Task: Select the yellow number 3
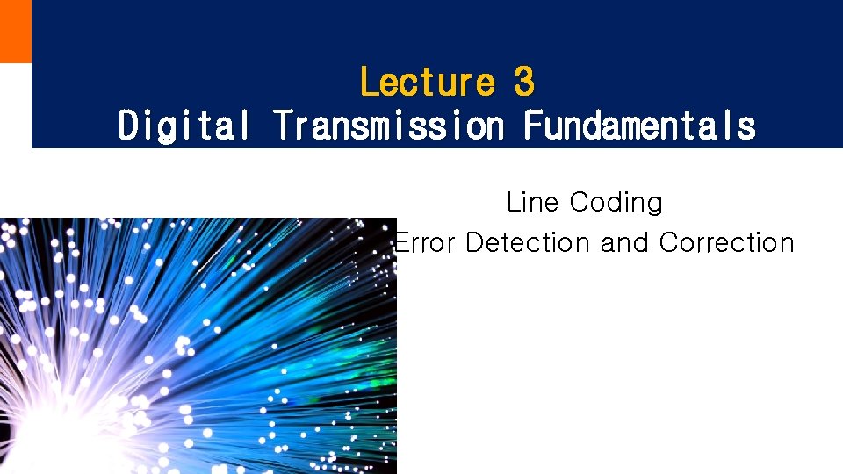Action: [x=524, y=83]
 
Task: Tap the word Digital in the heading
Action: [x=184, y=125]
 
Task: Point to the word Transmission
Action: [x=388, y=125]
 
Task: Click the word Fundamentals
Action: [x=639, y=125]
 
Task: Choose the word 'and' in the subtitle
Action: [x=624, y=243]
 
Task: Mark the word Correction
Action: [x=726, y=243]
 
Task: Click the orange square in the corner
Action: [x=15, y=31]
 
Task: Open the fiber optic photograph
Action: [x=198, y=346]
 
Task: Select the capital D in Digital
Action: [x=129, y=125]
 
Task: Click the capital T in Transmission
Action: [x=283, y=125]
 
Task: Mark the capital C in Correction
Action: [x=669, y=243]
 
